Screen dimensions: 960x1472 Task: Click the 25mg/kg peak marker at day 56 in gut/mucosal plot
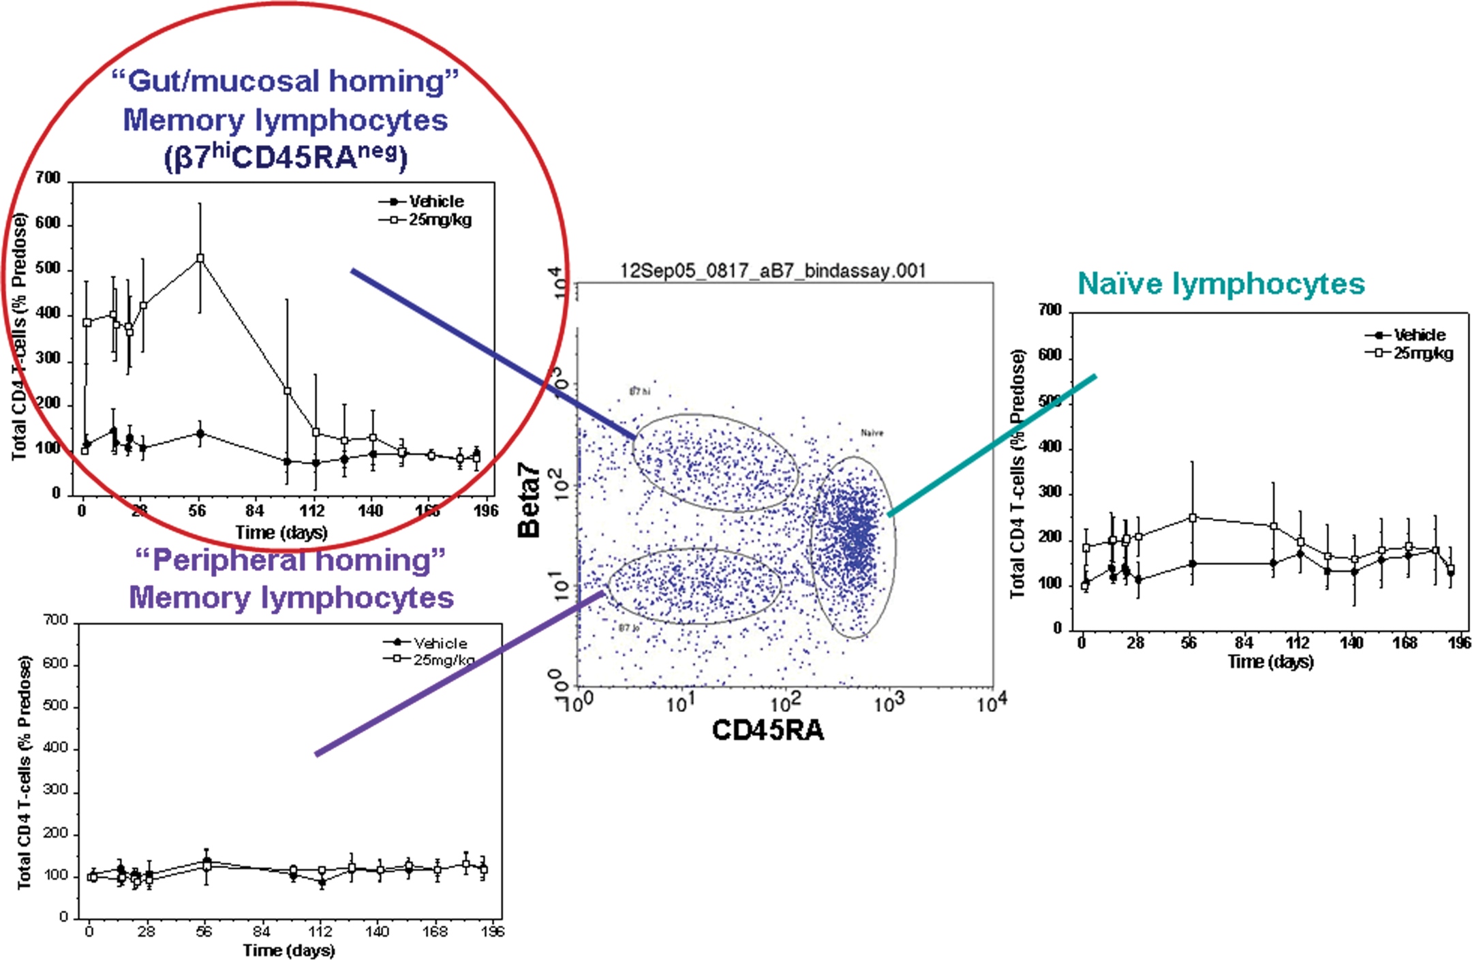tap(200, 258)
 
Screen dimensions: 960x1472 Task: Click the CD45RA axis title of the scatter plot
tap(767, 730)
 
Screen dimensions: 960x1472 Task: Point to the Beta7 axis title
tap(529, 501)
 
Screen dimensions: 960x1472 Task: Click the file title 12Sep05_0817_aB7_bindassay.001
tap(773, 271)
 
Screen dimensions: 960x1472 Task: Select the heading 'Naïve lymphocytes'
tap(1221, 284)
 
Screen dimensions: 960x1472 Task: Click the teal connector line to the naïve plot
tap(992, 445)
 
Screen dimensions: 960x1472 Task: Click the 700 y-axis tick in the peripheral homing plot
tap(55, 621)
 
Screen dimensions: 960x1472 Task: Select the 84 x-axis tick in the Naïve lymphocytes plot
tap(1244, 642)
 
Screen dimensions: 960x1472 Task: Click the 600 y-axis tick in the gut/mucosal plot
tap(48, 223)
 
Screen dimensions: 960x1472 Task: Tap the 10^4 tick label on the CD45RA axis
tap(991, 702)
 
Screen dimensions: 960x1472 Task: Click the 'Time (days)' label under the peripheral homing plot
tap(289, 950)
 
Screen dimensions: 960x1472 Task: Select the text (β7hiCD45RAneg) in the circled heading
tap(286, 158)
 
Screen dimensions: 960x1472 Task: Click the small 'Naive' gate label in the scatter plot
tap(872, 433)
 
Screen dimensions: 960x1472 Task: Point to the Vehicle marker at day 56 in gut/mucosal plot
tap(200, 433)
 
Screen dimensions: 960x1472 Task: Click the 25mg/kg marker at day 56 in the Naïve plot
tap(1193, 518)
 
